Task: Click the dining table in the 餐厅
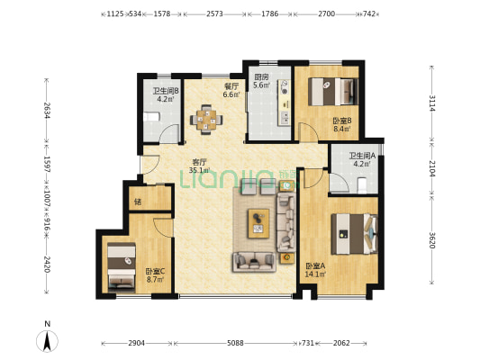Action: [206, 120]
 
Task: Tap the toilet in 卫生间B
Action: [152, 117]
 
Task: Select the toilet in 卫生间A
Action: [362, 184]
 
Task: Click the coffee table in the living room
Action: [258, 223]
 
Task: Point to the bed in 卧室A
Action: [355, 234]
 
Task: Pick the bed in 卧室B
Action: [333, 92]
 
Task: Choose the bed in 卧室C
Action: [122, 265]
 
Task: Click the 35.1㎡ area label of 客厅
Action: [199, 170]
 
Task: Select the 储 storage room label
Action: [138, 202]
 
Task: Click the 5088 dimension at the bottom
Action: [235, 343]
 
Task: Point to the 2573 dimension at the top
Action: [214, 13]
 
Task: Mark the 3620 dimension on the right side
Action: [431, 240]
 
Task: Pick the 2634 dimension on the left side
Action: [47, 110]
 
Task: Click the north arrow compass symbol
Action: [47, 340]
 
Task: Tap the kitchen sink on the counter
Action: [285, 118]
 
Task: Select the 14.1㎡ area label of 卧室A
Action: [315, 274]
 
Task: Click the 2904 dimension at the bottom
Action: [137, 343]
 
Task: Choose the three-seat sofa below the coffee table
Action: [254, 262]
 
